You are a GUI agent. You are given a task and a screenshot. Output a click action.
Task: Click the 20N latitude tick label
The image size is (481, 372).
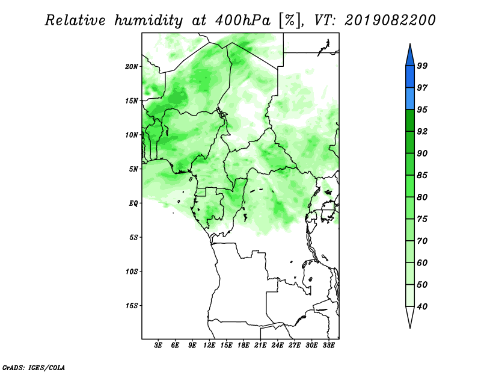pyautogui.click(x=132, y=67)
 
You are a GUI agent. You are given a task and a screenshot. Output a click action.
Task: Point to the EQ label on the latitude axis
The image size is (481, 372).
pyautogui.click(x=133, y=203)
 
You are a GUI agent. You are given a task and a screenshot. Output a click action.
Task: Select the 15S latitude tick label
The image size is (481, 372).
pyautogui.click(x=132, y=306)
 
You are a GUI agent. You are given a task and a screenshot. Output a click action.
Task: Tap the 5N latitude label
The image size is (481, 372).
pyautogui.click(x=133, y=169)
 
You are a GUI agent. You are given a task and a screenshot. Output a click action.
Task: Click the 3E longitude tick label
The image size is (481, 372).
pyautogui.click(x=158, y=346)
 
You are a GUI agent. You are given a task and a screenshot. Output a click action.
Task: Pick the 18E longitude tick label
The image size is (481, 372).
pyautogui.click(x=244, y=346)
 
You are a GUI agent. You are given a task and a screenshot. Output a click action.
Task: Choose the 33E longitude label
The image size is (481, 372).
pyautogui.click(x=328, y=346)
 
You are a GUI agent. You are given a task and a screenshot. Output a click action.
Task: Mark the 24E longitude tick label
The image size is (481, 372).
pyautogui.click(x=277, y=346)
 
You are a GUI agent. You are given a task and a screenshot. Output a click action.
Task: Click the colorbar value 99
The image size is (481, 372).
pyautogui.click(x=422, y=66)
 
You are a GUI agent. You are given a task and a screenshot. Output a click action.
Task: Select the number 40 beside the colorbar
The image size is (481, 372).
pyautogui.click(x=422, y=306)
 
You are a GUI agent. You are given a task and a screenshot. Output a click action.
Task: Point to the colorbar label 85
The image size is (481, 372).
pyautogui.click(x=422, y=175)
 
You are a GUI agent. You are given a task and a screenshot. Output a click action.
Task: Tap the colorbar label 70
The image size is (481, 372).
pyautogui.click(x=422, y=241)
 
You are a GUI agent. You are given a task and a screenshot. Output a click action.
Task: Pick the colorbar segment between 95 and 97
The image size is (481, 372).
pyautogui.click(x=410, y=99)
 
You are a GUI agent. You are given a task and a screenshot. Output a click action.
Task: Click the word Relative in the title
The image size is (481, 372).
pyautogui.click(x=75, y=20)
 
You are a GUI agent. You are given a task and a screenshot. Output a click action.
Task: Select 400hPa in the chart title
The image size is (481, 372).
pyautogui.click(x=243, y=20)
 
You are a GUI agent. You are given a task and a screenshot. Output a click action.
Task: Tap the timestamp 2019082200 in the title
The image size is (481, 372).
pyautogui.click(x=390, y=20)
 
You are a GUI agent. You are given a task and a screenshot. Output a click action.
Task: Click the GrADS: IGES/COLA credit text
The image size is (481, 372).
pyautogui.click(x=34, y=368)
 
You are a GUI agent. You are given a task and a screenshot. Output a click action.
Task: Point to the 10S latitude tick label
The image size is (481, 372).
pyautogui.click(x=132, y=271)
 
